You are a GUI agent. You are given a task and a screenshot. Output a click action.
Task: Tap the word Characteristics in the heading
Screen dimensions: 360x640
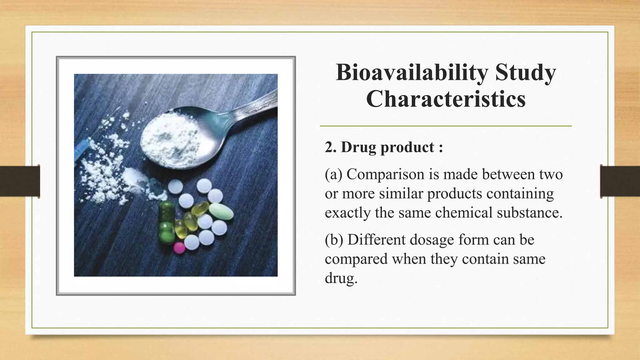446,99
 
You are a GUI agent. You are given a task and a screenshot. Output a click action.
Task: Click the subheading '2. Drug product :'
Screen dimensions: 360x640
384,147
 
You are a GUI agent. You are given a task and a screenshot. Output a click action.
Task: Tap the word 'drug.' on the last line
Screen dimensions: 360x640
341,278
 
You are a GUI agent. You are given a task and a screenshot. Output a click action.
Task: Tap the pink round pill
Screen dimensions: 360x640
179,247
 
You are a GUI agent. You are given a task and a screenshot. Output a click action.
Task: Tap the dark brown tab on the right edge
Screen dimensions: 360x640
620,181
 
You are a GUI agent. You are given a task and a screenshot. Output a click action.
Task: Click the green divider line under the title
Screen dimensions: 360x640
446,126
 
